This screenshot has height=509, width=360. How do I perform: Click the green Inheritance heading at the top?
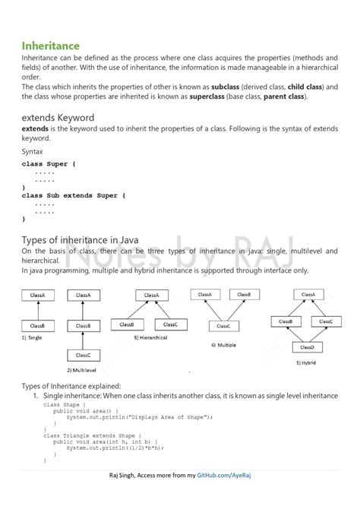(51, 46)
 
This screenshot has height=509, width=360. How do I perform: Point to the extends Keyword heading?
(58, 118)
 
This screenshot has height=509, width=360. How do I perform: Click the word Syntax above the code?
(33, 151)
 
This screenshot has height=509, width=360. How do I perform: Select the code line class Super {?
(49, 163)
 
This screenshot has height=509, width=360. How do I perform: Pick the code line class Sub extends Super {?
(74, 195)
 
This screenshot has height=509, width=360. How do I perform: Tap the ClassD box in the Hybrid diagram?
(308, 347)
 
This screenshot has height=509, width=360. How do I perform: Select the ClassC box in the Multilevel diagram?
(83, 355)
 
